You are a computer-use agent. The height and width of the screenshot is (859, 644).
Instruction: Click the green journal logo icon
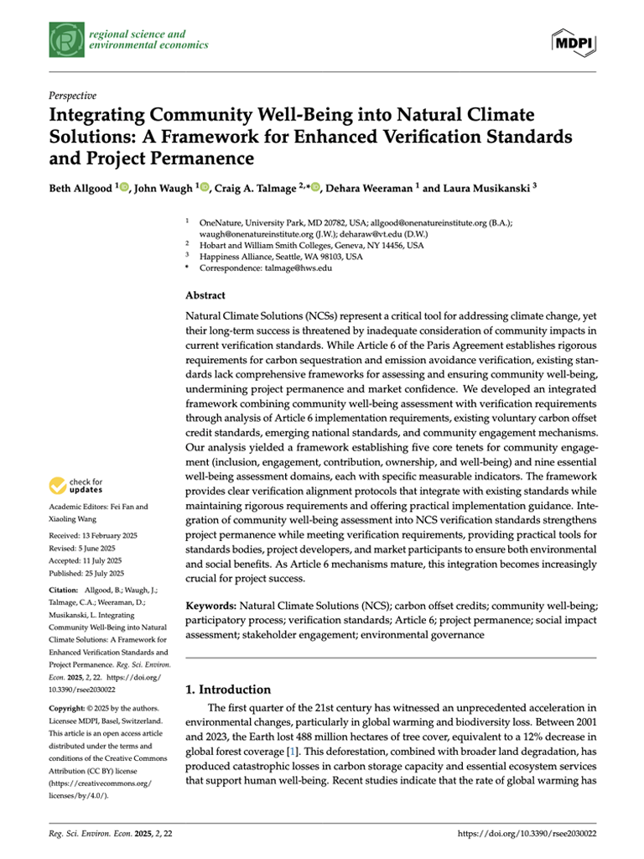65,39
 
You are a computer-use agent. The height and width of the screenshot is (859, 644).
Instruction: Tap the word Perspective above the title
73,96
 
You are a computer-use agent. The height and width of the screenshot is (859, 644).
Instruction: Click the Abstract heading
205,295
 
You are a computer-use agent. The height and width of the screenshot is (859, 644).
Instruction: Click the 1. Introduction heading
227,690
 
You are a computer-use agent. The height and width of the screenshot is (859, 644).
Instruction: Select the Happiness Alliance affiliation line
281,257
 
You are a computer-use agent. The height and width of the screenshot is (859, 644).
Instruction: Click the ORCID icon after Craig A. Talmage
315,187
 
